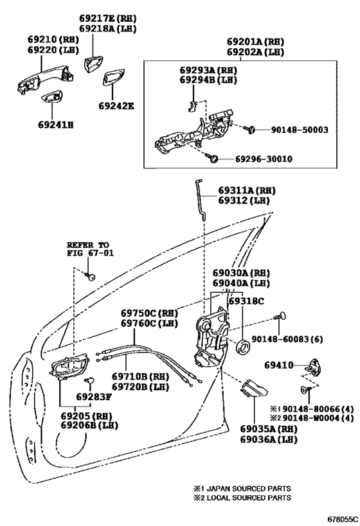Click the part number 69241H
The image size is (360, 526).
click(56, 125)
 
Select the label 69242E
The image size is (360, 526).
click(116, 106)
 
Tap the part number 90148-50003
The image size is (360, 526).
click(300, 130)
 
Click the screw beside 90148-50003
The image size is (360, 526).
click(249, 129)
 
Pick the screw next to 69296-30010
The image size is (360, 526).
click(213, 158)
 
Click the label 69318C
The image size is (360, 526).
click(246, 301)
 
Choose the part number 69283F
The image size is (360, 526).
click(94, 397)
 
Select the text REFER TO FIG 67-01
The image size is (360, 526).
click(90, 249)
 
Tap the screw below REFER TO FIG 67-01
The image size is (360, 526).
click(91, 276)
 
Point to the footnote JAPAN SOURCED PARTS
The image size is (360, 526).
click(242, 488)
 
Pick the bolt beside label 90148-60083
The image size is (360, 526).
click(281, 316)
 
